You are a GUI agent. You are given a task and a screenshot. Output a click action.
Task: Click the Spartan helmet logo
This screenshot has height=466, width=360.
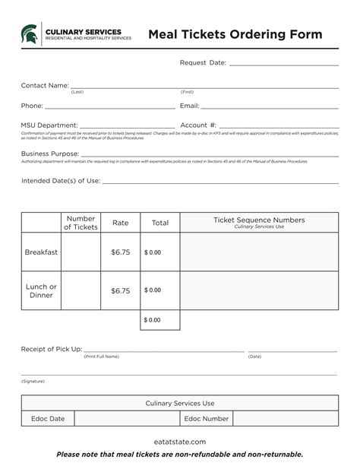click(30, 33)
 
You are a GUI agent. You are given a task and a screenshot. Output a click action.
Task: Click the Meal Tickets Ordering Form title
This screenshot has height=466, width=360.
click(235, 34)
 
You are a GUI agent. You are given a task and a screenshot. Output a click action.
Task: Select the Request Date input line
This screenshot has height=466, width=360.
click(283, 64)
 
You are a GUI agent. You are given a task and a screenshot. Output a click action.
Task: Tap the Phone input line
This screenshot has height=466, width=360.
click(109, 107)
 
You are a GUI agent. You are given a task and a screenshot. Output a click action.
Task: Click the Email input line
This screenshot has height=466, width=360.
click(270, 107)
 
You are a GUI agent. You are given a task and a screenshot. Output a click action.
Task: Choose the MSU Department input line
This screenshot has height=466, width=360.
click(127, 126)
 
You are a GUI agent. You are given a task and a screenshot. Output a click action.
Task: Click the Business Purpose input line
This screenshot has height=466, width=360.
click(210, 154)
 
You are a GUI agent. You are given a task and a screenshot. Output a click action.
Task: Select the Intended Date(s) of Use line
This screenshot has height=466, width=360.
click(220, 182)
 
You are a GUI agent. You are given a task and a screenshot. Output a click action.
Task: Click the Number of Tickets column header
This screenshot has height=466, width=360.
click(81, 223)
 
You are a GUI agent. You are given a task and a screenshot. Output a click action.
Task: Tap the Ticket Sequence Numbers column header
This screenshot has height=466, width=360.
click(259, 221)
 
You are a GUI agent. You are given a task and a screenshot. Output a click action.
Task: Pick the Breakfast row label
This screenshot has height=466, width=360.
click(41, 252)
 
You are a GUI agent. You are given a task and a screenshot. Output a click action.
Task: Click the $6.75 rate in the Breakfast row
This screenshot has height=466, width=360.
click(121, 252)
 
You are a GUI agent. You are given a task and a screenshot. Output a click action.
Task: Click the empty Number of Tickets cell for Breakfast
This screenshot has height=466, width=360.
click(81, 252)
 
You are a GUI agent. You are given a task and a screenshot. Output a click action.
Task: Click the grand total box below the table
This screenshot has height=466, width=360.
click(160, 320)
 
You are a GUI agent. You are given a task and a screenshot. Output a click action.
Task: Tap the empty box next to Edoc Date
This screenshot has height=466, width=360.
click(126, 419)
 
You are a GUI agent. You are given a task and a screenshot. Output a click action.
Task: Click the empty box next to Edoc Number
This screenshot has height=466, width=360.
click(285, 419)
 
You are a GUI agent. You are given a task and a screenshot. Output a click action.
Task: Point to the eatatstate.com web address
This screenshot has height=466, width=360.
click(179, 442)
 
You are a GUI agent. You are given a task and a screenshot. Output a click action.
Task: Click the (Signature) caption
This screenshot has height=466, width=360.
click(33, 381)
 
